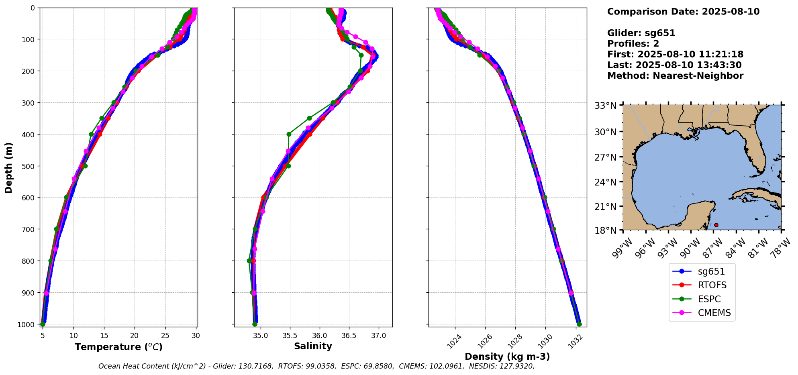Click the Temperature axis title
tap(118, 347)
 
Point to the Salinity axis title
tap(313, 346)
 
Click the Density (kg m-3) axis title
tap(507, 357)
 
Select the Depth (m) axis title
tap(8, 167)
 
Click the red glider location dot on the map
tap(716, 225)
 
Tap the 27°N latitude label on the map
tap(605, 157)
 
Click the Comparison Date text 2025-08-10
tap(731, 12)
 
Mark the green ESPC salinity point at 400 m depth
tap(289, 134)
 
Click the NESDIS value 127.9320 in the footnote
tap(518, 366)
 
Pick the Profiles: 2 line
tap(633, 44)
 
